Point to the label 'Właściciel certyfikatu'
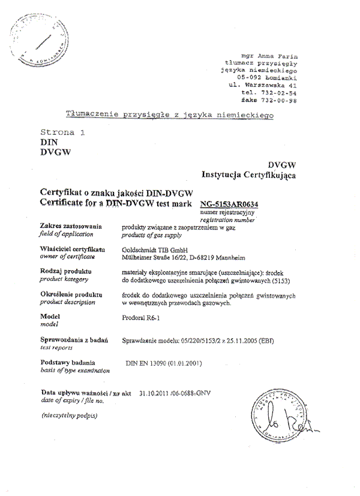(x=72, y=248)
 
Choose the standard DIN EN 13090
(x=149, y=363)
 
